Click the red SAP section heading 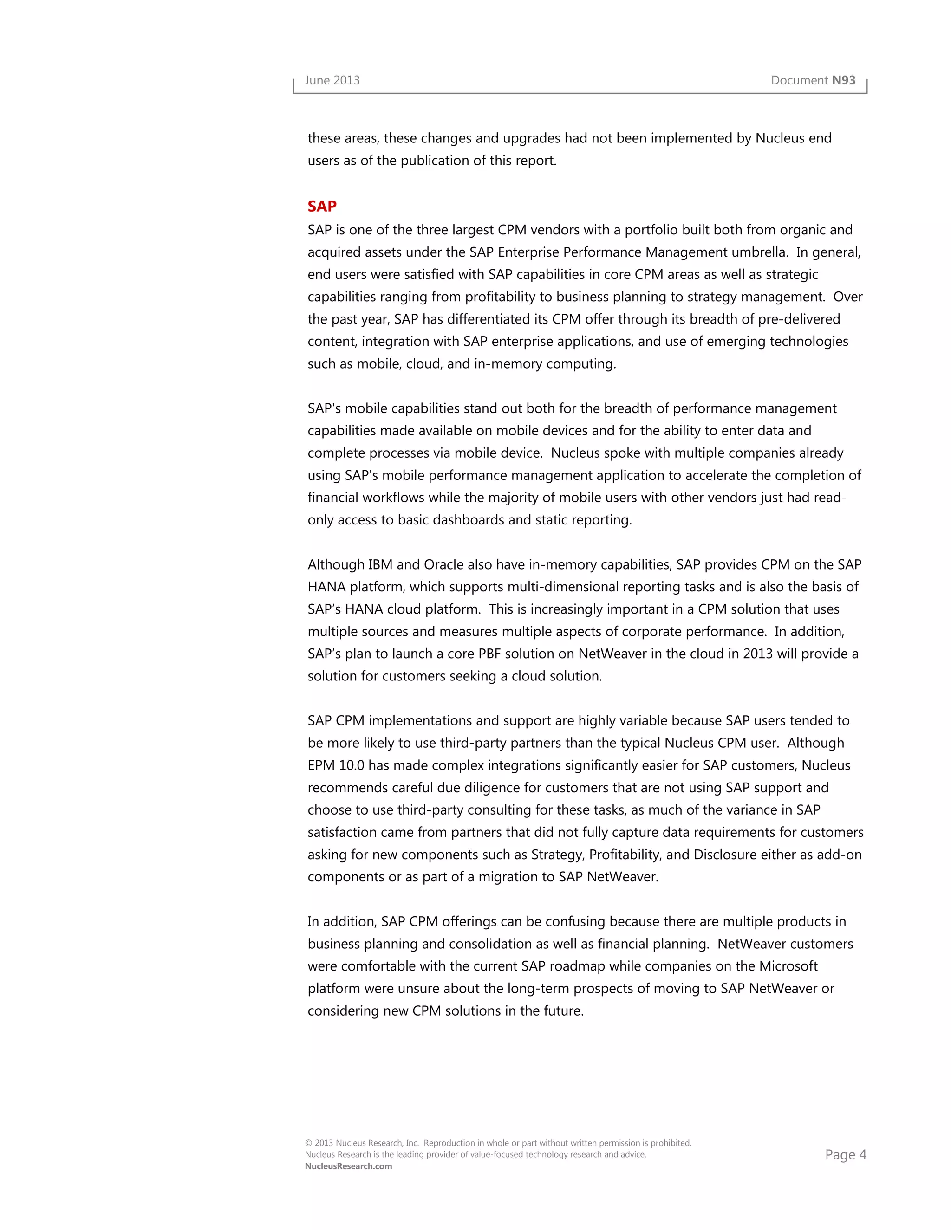click(x=322, y=206)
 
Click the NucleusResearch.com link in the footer click(x=348, y=1166)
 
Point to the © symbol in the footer click(x=308, y=1143)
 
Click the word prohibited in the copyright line click(x=671, y=1143)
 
